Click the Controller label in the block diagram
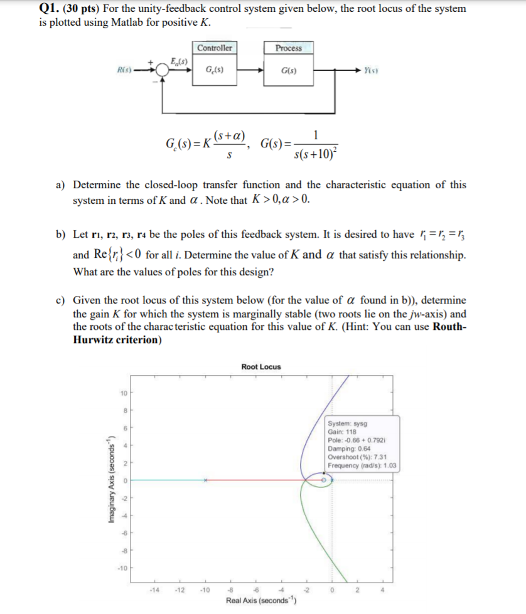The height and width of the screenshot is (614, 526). [x=214, y=48]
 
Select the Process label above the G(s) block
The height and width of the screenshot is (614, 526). [x=288, y=48]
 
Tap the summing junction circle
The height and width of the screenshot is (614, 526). [x=163, y=70]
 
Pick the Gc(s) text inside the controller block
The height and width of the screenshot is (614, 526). [x=213, y=70]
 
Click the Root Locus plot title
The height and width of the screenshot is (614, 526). [x=261, y=367]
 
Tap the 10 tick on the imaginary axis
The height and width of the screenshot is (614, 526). [x=124, y=393]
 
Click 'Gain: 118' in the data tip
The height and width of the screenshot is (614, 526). [x=343, y=432]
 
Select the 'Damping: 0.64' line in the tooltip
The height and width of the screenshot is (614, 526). [x=350, y=448]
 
